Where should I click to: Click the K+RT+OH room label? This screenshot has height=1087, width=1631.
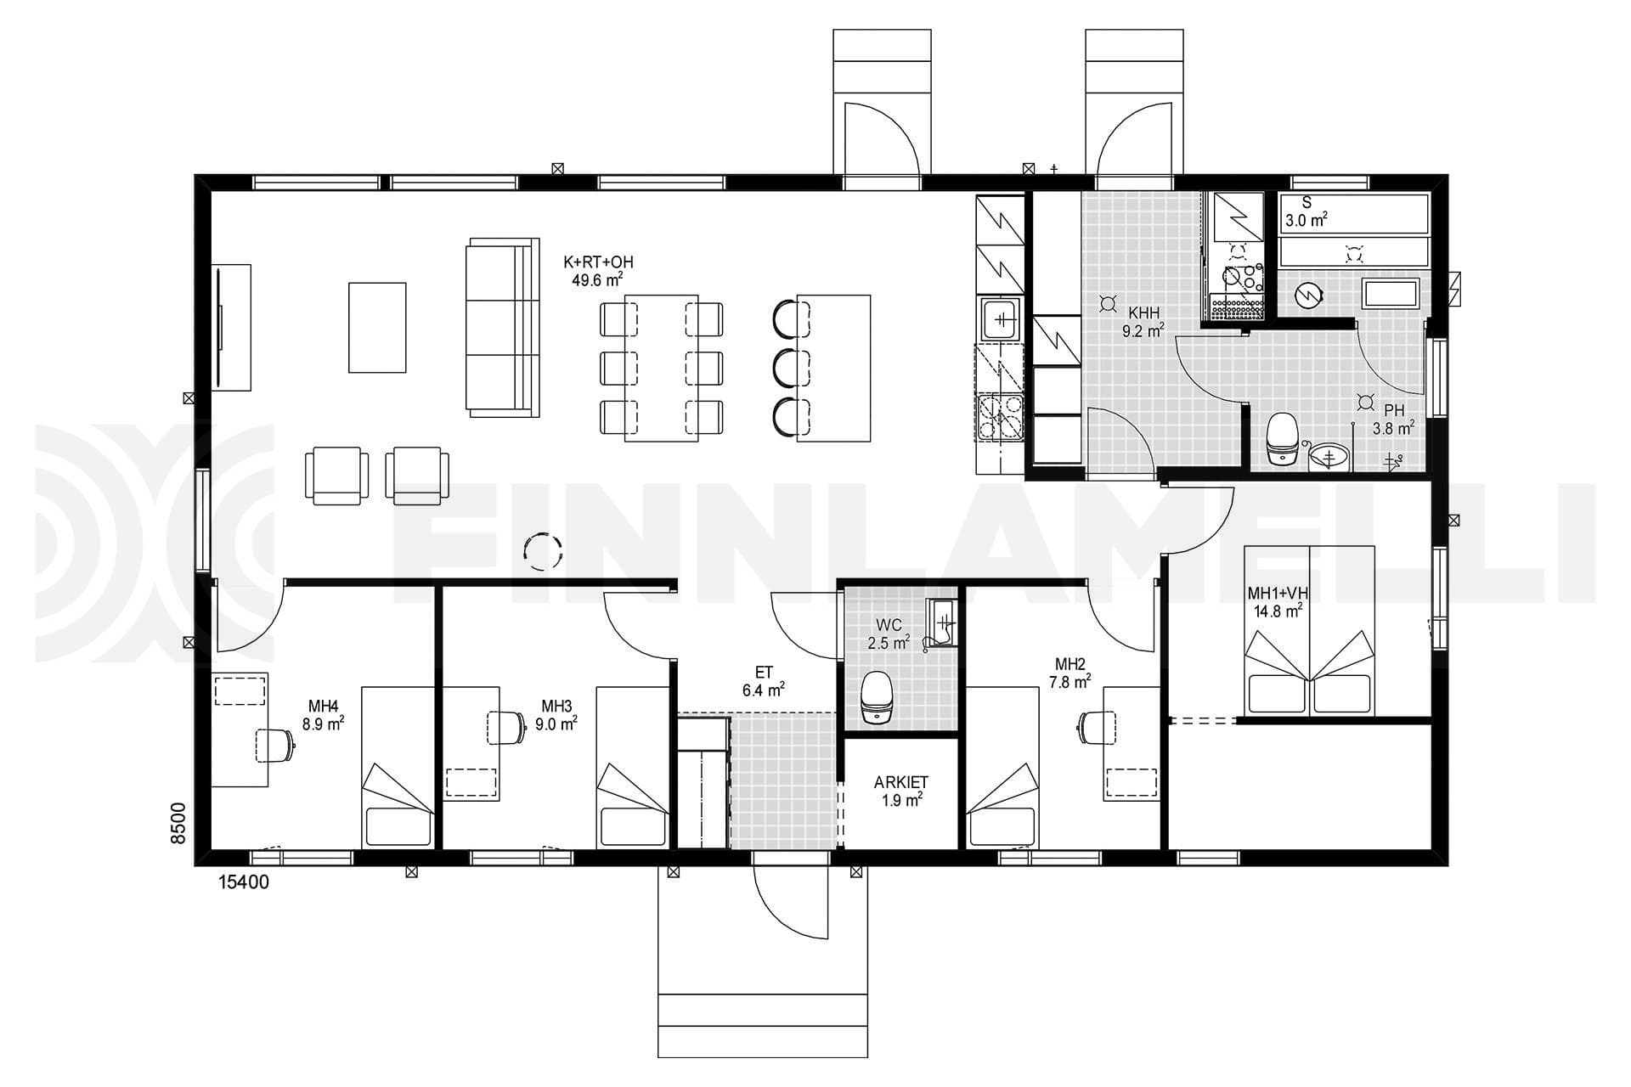[x=598, y=262]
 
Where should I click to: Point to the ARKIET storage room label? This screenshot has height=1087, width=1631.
[x=901, y=782]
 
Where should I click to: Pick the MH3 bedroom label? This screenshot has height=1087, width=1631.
[x=556, y=706]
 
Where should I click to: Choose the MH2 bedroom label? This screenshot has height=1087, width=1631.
[x=1070, y=664]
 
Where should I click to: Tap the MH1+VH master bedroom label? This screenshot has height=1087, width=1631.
[x=1278, y=593]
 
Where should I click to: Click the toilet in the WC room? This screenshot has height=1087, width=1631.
[x=876, y=696]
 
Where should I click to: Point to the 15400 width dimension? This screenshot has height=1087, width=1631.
[x=244, y=882]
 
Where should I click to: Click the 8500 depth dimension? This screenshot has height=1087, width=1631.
[x=178, y=823]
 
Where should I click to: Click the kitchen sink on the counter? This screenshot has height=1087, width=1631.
[x=1002, y=319]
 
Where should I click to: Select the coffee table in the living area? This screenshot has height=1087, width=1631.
[x=377, y=327]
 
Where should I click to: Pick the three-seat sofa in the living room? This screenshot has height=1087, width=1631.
[x=503, y=328]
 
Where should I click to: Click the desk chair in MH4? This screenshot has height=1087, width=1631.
[x=274, y=746]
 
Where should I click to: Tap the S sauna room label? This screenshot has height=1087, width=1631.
[x=1306, y=203]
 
